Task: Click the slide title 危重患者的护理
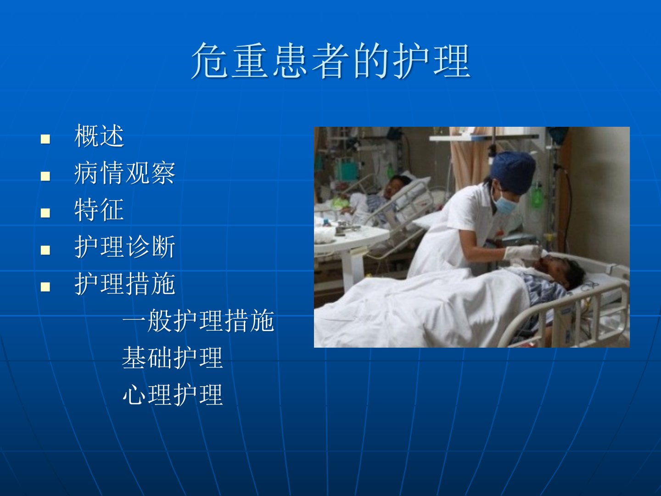point(330,60)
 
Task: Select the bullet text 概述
point(99,136)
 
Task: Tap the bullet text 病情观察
point(125,173)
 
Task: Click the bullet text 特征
point(99,209)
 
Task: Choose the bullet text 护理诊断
point(125,247)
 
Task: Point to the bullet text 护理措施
point(125,283)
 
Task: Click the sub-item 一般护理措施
point(198,321)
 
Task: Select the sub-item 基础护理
point(173,357)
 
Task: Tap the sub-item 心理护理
point(173,394)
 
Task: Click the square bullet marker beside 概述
point(45,139)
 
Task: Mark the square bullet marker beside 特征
point(45,213)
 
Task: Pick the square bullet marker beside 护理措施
point(45,287)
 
